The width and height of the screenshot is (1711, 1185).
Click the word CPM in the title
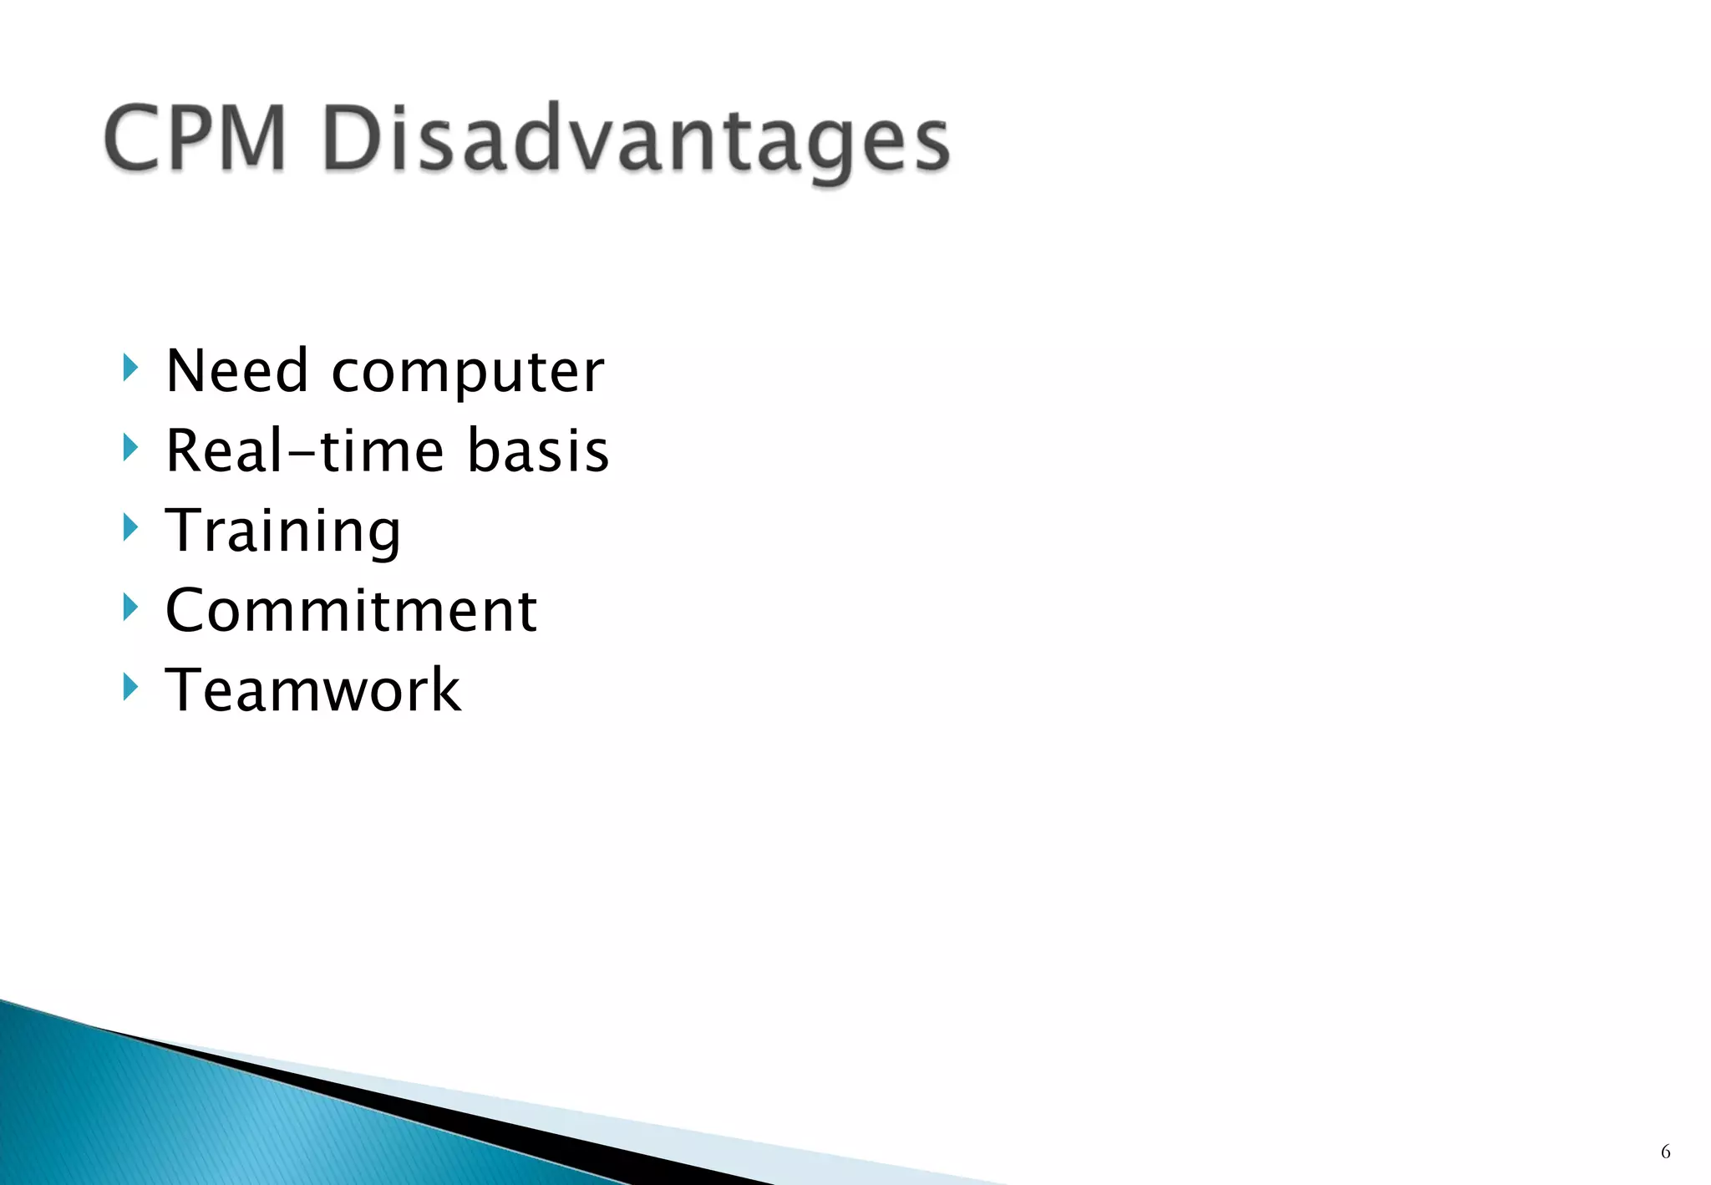click(x=195, y=138)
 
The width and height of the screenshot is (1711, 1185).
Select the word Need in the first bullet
click(x=236, y=370)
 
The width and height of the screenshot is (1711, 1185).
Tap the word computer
click(x=467, y=374)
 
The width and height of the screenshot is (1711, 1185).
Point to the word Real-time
click(x=305, y=450)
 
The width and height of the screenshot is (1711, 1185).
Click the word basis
click(x=537, y=450)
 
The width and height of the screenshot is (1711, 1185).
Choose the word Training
click(x=282, y=531)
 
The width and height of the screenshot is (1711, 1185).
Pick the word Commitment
click(x=351, y=610)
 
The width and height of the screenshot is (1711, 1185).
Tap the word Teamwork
click(x=312, y=690)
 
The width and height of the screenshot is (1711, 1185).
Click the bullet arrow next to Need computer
click(x=129, y=367)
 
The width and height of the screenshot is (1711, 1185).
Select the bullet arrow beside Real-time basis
click(x=129, y=447)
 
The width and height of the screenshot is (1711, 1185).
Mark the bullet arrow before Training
click(x=129, y=527)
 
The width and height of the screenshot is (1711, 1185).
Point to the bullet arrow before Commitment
click(x=129, y=608)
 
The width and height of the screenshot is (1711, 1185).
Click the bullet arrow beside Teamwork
click(x=129, y=687)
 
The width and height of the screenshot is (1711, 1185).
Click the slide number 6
click(x=1665, y=1152)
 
